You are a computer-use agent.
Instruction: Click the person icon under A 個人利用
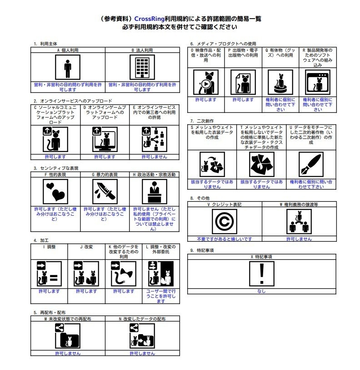coord(68,68)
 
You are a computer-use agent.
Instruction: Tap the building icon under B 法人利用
coord(142,68)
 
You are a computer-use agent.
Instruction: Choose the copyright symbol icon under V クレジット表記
coord(225,222)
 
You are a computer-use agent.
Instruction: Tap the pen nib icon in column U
coord(310,164)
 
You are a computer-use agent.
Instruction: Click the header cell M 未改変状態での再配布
coord(68,319)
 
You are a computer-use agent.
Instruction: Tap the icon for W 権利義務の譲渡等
coord(299,222)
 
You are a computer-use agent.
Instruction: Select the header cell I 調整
coord(49,247)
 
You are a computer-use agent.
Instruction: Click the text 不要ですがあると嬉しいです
coord(225,238)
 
